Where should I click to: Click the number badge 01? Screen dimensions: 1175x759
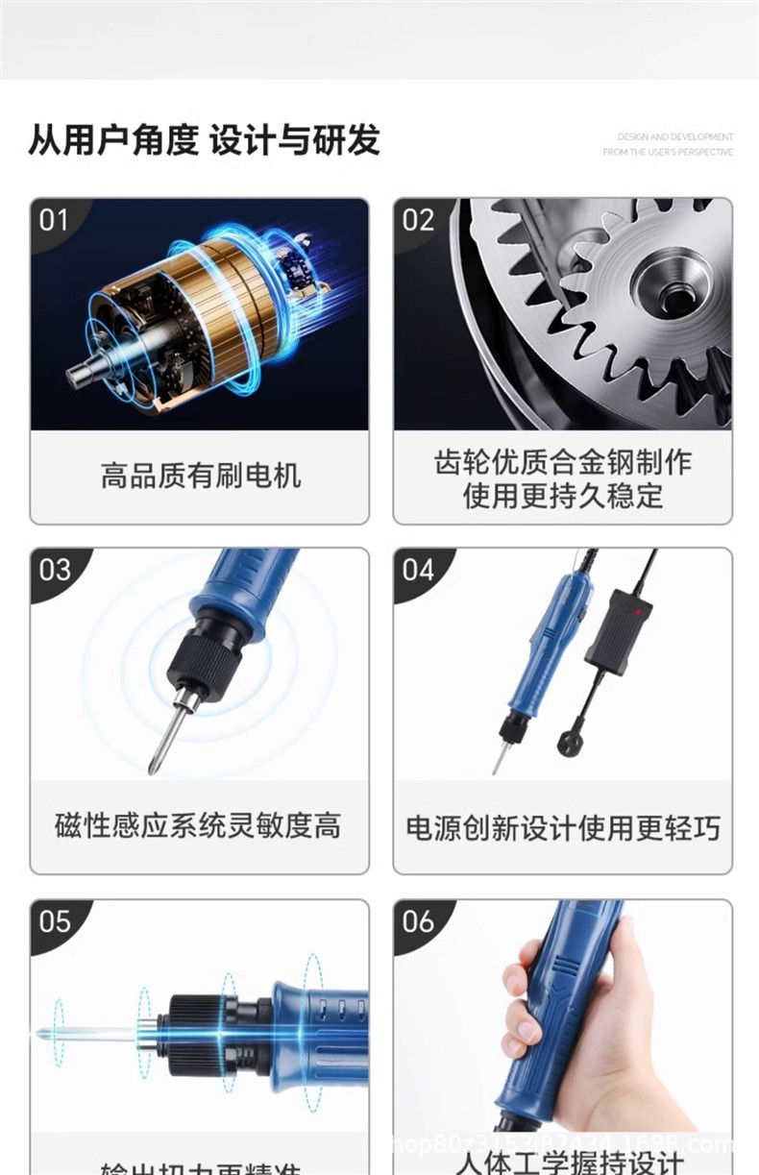pyautogui.click(x=54, y=220)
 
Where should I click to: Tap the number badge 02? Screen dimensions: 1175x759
pyautogui.click(x=418, y=220)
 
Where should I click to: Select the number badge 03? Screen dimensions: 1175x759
pyautogui.click(x=55, y=570)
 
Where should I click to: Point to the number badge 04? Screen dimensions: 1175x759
pyautogui.click(x=418, y=570)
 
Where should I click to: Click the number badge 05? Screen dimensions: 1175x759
pyautogui.click(x=55, y=921)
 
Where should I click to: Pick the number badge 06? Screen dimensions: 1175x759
pyautogui.click(x=418, y=921)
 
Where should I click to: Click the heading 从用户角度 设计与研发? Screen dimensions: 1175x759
pyautogui.click(x=204, y=140)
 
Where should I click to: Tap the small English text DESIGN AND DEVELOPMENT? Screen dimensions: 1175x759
pyautogui.click(x=674, y=137)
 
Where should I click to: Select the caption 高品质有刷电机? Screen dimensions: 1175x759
pyautogui.click(x=200, y=476)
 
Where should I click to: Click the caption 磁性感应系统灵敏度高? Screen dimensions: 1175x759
pyautogui.click(x=198, y=825)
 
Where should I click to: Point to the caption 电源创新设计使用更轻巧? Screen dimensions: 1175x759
pyautogui.click(x=562, y=827)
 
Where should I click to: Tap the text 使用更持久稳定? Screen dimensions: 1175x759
pyautogui.click(x=562, y=496)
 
